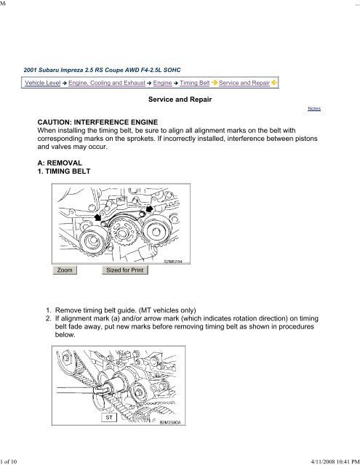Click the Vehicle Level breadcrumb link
click(x=42, y=83)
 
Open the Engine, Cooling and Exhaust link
click(x=107, y=83)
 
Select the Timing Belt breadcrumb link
click(x=195, y=83)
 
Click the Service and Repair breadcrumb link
click(x=244, y=83)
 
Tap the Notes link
click(x=314, y=108)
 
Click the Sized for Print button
click(x=125, y=270)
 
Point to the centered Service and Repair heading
click(x=180, y=100)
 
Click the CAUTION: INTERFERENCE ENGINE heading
click(x=97, y=122)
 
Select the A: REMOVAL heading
click(x=60, y=163)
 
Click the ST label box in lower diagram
click(x=109, y=417)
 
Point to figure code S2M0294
click(x=173, y=262)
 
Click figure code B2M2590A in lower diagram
click(x=170, y=422)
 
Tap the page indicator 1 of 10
click(x=9, y=461)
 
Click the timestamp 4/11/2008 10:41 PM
click(x=335, y=461)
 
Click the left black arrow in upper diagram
click(x=97, y=218)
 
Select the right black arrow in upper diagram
click(x=149, y=209)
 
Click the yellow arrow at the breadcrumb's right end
click(x=274, y=83)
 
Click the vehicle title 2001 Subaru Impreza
click(x=102, y=70)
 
